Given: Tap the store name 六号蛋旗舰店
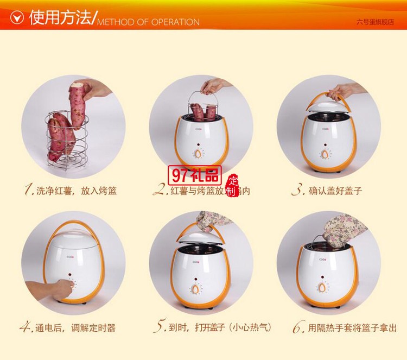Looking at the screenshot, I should pyautogui.click(x=374, y=23).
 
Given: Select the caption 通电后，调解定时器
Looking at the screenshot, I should pyautogui.click(x=76, y=329).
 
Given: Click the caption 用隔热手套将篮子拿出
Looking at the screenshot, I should pyautogui.click(x=353, y=329).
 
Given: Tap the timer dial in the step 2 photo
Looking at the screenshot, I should pyautogui.click(x=201, y=154).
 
